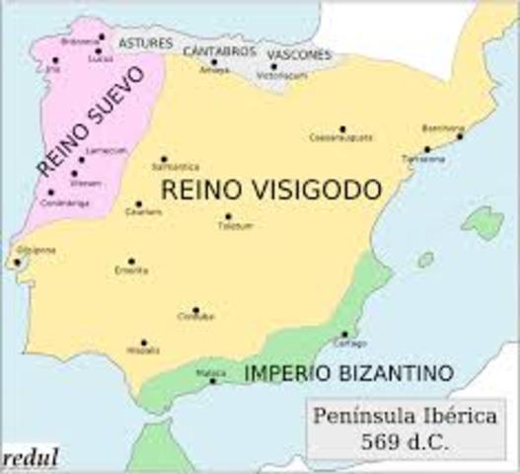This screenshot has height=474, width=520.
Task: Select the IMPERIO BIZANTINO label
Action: pos(348,373)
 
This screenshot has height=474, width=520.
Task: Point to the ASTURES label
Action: pos(145,44)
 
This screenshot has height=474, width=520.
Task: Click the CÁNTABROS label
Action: pos(216,49)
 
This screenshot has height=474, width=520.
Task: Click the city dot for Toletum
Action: pos(228,216)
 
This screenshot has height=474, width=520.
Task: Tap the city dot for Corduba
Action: pos(195,310)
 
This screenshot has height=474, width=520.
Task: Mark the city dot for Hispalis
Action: pos(143,343)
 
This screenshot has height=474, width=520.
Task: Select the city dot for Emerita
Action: pos(131,262)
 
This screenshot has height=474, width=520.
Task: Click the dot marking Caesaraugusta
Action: pos(342,128)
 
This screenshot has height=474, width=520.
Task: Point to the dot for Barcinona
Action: pos(460,136)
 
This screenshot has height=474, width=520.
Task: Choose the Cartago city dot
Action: pos(344,334)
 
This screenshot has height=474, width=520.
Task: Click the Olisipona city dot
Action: pos(16,263)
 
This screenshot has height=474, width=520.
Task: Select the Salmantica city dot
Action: pos(164,159)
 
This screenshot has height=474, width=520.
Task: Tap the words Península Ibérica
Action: pos(408,416)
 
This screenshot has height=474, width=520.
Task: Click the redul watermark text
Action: pos(31,457)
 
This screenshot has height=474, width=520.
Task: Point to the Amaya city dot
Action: pos(213,61)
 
